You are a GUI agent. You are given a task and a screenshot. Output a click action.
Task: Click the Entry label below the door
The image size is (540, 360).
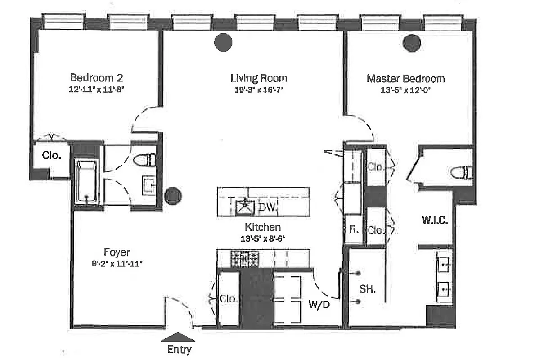(x=179, y=349)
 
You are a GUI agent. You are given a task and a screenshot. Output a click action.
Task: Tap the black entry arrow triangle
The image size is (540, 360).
(x=178, y=337)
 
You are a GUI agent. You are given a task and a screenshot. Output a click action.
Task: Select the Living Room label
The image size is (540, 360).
(x=259, y=78)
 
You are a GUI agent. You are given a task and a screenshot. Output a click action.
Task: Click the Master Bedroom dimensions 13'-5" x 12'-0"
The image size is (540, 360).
(x=405, y=90)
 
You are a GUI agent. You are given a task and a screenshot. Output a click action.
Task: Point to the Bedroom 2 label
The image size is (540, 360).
(x=96, y=77)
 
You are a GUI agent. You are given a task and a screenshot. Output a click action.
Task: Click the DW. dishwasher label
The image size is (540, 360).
(x=269, y=207)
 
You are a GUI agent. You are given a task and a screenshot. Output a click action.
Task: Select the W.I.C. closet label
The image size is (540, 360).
(x=434, y=220)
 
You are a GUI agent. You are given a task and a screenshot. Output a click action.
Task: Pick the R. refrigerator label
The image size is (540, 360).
(x=354, y=229)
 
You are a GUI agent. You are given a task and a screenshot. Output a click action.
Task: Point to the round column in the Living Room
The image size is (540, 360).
(x=223, y=43)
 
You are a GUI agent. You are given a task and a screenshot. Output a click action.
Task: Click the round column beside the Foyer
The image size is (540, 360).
(x=173, y=196)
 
